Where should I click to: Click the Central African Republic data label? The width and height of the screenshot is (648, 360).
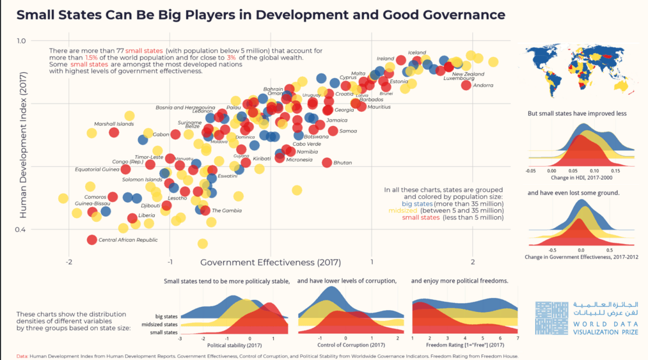(x=129, y=240)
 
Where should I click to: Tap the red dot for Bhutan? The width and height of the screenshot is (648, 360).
(x=327, y=162)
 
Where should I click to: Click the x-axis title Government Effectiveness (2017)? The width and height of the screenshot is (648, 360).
(x=271, y=263)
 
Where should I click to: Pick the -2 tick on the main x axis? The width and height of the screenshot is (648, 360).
(x=68, y=263)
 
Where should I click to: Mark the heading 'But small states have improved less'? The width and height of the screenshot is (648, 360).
(x=576, y=113)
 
